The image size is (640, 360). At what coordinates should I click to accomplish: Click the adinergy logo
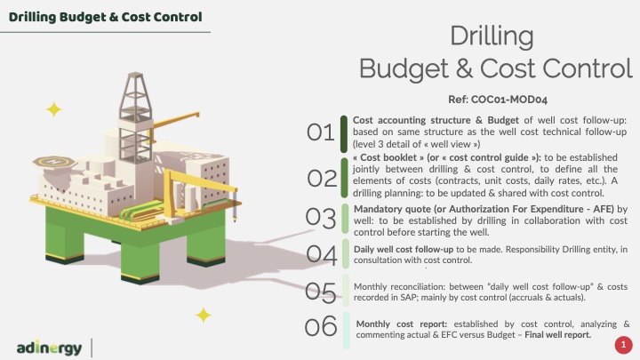(x=50, y=348)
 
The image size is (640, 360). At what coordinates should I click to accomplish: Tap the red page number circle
(x=623, y=345)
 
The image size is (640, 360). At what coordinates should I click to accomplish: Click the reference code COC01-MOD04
(x=508, y=100)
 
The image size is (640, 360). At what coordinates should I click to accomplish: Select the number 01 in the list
(x=320, y=132)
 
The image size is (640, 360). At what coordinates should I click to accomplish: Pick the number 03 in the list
(x=321, y=218)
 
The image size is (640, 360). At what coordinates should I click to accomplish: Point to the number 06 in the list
(x=321, y=326)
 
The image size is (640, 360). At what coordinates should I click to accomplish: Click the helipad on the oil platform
(x=54, y=162)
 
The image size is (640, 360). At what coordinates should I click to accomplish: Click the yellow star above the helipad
(x=54, y=109)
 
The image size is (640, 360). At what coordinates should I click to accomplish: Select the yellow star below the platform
(x=204, y=315)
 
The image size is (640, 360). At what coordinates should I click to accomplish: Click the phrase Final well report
(x=558, y=335)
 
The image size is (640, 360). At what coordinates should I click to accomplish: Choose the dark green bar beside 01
(x=344, y=134)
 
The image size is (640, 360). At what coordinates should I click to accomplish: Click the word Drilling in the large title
(x=492, y=37)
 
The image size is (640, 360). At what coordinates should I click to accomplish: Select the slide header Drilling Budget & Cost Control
(x=105, y=17)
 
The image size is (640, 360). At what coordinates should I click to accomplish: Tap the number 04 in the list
(x=322, y=254)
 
